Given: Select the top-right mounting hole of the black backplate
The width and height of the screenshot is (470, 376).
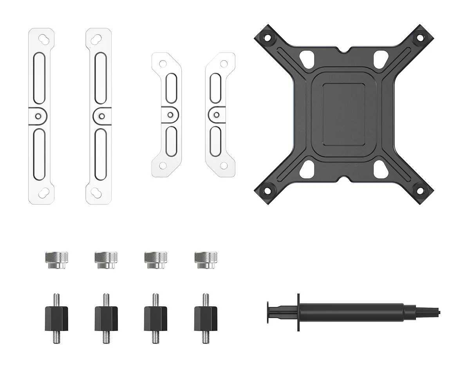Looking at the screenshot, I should click(420, 38).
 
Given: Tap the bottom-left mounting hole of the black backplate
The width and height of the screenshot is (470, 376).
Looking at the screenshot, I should click(268, 191).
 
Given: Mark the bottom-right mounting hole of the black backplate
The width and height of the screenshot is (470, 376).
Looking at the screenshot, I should click(420, 191).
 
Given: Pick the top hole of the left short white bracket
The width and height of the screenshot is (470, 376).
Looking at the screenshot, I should click(163, 63).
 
